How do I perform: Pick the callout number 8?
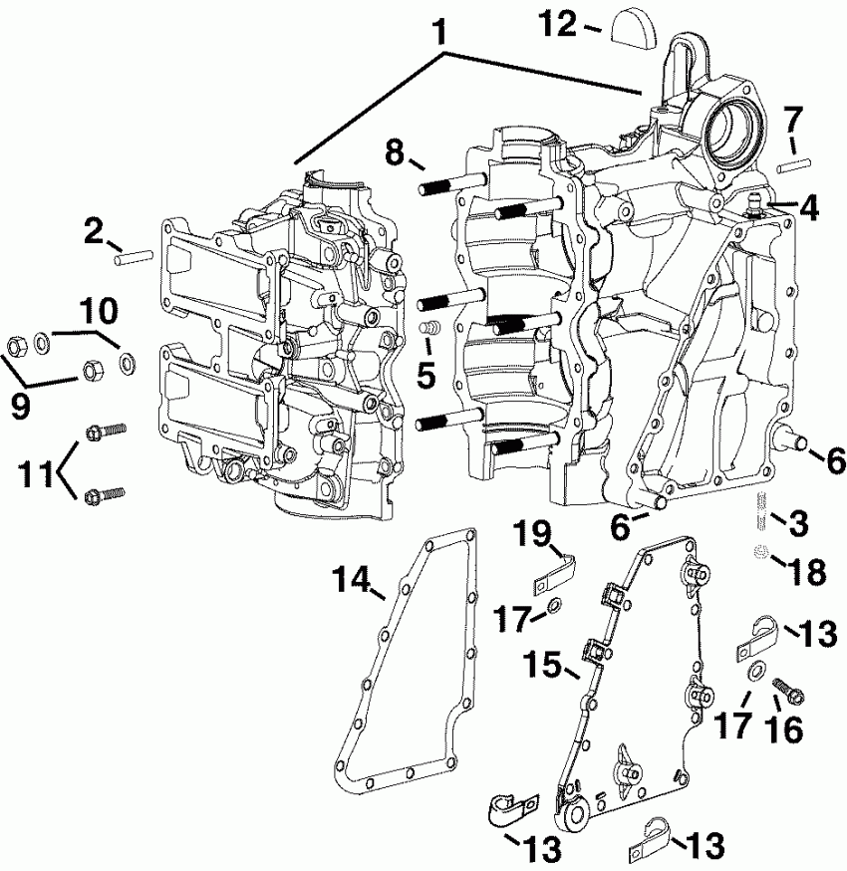pos(395,152)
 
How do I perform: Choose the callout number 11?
pos(37,470)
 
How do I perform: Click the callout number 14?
pos(351,578)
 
